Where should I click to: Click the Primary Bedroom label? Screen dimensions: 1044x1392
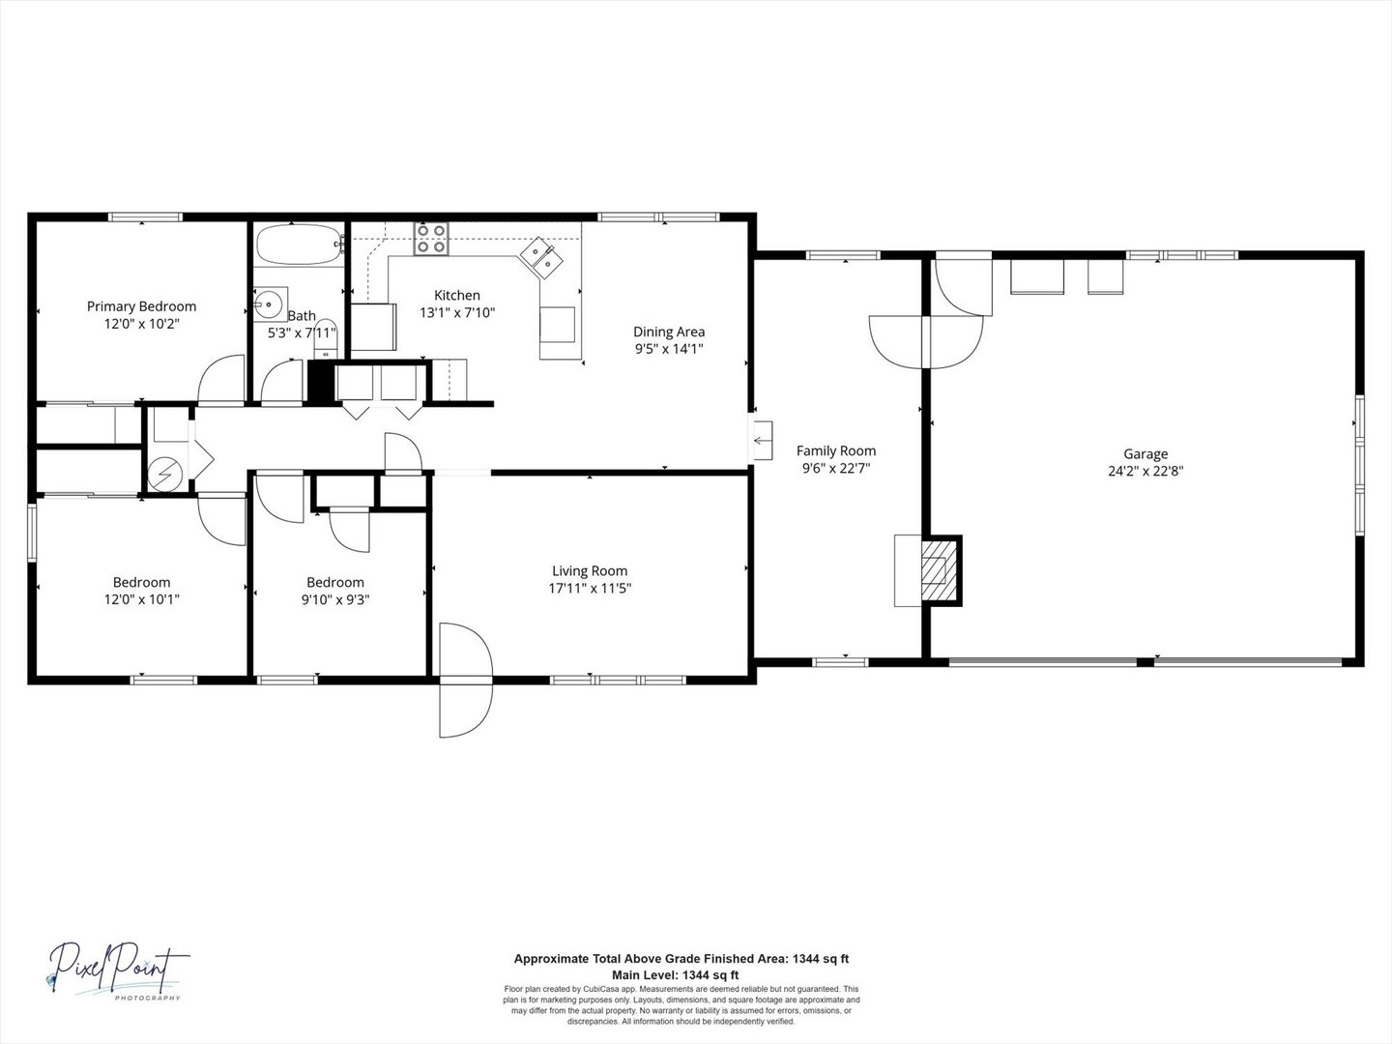[x=141, y=306]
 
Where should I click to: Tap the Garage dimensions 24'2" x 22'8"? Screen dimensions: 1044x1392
[x=1145, y=472]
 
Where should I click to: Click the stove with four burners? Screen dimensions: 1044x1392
[x=431, y=239]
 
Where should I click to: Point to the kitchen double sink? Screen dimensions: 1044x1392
[x=542, y=258]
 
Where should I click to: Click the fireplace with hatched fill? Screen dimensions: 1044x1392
[x=934, y=570]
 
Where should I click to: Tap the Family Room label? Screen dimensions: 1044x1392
[x=836, y=450]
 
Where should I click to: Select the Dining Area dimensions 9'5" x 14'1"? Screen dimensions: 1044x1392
[x=669, y=349]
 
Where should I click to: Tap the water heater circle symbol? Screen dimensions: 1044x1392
[x=164, y=475]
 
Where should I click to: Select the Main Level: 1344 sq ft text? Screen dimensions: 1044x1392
[x=681, y=974]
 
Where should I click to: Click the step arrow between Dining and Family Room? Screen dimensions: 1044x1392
[x=763, y=442]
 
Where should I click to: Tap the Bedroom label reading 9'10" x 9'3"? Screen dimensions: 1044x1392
[x=335, y=582]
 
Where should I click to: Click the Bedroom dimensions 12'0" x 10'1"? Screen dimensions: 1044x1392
[x=141, y=599]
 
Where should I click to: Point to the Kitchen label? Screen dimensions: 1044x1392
[x=456, y=295]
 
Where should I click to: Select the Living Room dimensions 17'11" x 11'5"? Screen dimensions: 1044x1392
[x=590, y=588]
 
